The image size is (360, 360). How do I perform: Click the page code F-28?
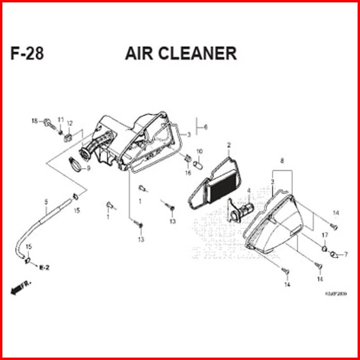point(27,54)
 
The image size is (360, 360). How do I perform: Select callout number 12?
point(69,124)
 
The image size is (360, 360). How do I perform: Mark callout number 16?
point(188,172)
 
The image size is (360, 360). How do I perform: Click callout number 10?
point(199,152)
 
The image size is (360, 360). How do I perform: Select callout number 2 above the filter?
point(228,144)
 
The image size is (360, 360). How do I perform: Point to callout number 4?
point(248,191)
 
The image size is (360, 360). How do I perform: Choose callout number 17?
point(325,235)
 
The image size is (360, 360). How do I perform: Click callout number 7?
point(346,254)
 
